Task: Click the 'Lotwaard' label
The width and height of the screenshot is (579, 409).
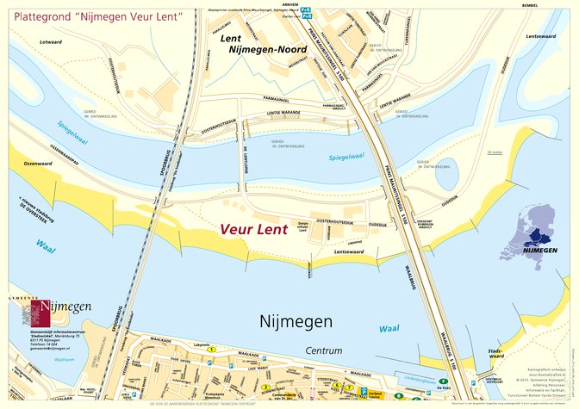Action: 51,41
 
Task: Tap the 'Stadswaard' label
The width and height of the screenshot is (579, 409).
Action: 495,353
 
